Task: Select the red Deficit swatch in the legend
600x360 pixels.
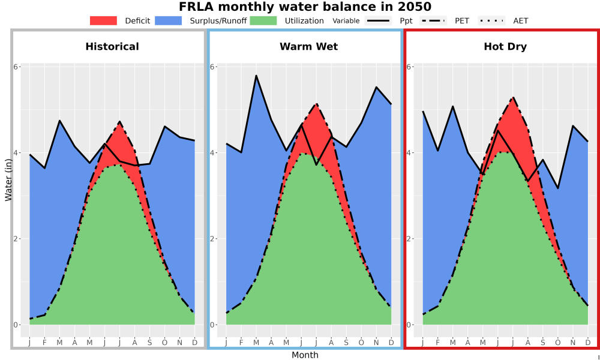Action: (103, 20)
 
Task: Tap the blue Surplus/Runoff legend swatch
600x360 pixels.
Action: (169, 20)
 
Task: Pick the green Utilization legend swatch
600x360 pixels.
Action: (263, 20)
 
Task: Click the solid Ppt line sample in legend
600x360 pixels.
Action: (378, 20)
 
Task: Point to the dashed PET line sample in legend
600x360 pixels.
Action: (433, 20)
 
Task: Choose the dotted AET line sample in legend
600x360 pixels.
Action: (491, 20)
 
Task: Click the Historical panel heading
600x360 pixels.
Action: (112, 47)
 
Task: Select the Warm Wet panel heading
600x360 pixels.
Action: (309, 47)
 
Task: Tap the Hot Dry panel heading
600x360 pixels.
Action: (505, 47)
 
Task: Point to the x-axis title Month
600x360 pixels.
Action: (305, 355)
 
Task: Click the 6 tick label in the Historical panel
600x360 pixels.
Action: (16, 67)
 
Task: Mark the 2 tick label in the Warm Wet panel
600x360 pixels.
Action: (213, 239)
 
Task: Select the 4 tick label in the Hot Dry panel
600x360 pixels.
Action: (409, 152)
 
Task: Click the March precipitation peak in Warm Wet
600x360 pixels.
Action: (256, 76)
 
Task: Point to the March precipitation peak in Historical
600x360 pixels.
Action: (59, 121)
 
